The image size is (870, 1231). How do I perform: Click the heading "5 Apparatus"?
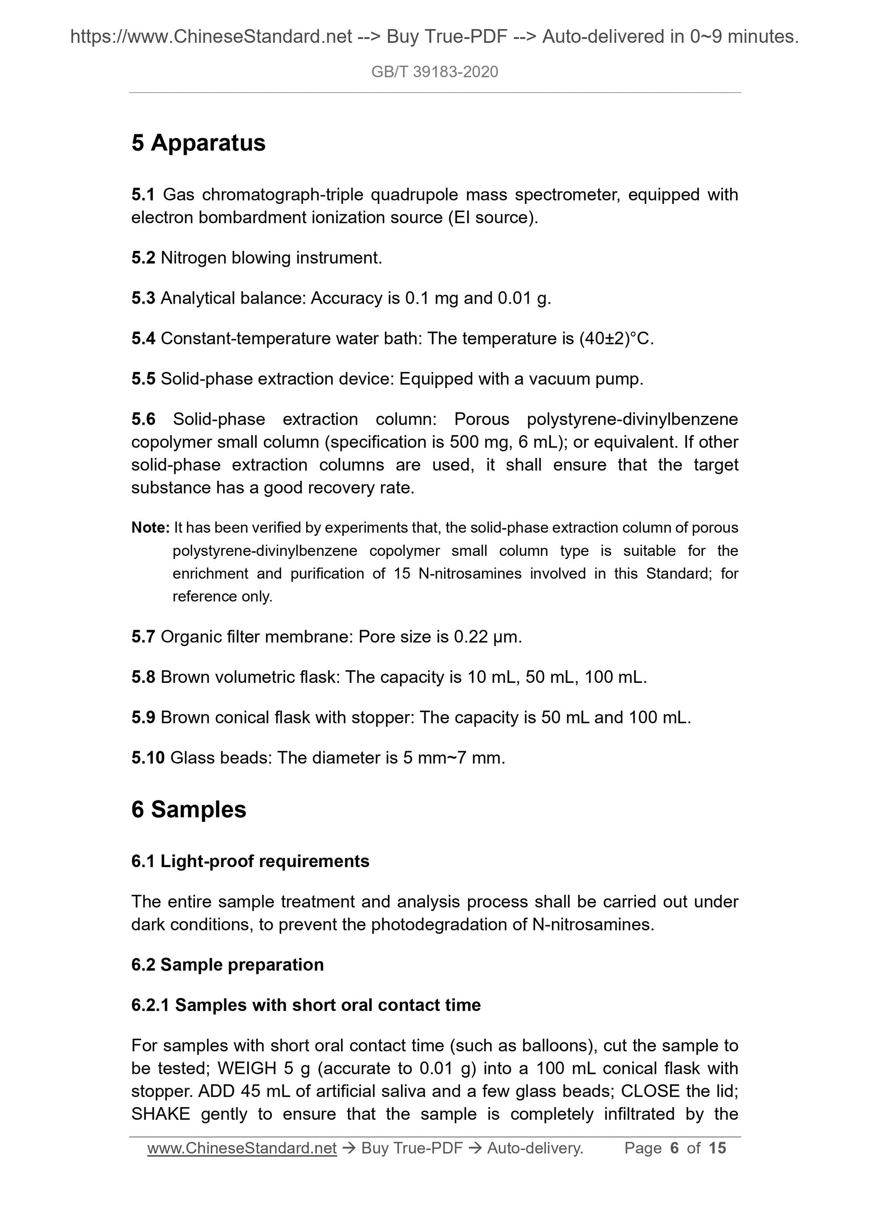(x=198, y=143)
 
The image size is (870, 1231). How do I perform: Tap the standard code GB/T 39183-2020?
(x=435, y=72)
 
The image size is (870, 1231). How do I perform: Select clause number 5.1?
(x=143, y=195)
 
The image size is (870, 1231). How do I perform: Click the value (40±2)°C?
(x=617, y=339)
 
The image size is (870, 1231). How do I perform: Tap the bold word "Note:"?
(x=150, y=528)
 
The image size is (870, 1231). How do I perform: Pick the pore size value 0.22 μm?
(x=487, y=637)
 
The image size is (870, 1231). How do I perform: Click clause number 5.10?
(x=148, y=757)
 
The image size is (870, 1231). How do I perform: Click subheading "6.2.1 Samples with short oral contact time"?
(x=306, y=1005)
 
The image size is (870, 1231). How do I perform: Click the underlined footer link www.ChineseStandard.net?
(x=242, y=1148)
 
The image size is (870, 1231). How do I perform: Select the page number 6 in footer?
(x=674, y=1148)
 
